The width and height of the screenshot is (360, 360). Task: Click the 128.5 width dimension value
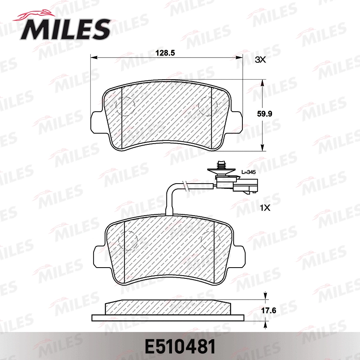165,52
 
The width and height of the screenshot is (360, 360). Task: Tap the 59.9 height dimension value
264,114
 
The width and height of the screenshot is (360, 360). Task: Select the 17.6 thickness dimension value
265,310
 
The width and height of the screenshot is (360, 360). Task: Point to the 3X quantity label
260,60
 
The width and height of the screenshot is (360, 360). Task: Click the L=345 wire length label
248,172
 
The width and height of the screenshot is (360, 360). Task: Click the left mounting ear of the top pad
96,122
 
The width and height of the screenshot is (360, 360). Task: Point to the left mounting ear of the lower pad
98,256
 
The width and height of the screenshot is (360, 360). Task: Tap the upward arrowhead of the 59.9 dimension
262,83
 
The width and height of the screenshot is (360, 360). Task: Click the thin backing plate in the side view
168,318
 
